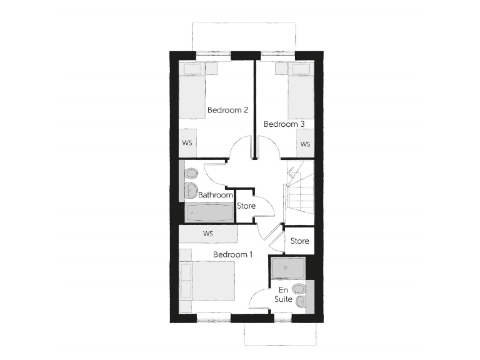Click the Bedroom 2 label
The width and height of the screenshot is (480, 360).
coord(228,110)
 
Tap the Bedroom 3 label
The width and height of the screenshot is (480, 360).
coord(284,124)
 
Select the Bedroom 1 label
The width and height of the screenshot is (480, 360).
coord(233,254)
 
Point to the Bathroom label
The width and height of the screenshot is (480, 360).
coord(215,195)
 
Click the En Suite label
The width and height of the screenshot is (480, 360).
coord(283,294)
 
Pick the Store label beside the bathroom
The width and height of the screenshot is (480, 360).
coord(246,206)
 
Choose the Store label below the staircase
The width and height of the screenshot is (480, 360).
coord(300,241)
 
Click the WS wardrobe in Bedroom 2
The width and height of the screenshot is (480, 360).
coord(187,143)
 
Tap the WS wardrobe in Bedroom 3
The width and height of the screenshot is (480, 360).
coord(305,144)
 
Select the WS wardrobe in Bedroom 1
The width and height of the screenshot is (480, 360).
coord(208,234)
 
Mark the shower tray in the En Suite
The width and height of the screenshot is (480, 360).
coord(288,267)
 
